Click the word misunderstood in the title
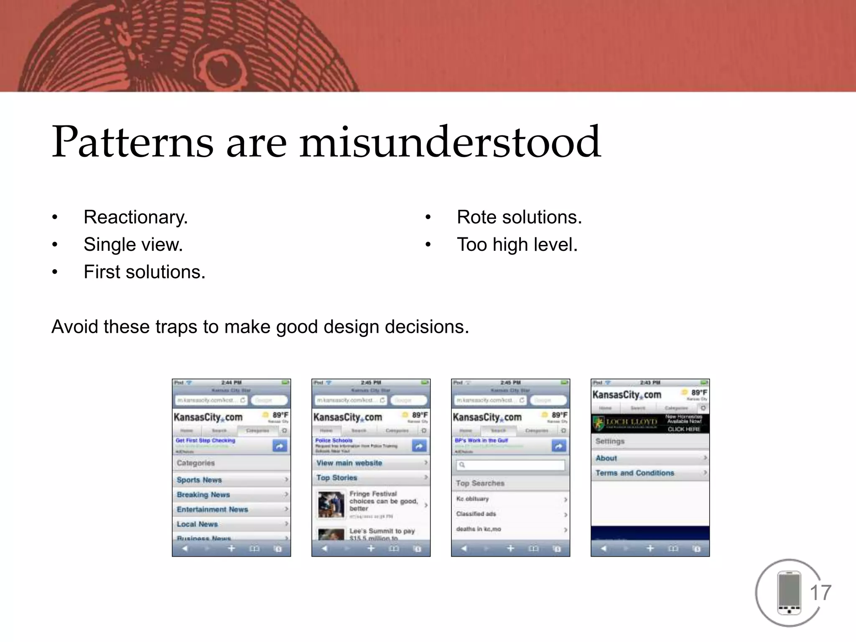(x=450, y=142)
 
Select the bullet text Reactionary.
(x=135, y=217)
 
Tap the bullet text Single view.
(x=133, y=245)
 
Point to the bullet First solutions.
(x=144, y=272)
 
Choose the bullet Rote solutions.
(x=519, y=217)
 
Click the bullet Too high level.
(x=517, y=245)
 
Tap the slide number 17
(x=820, y=593)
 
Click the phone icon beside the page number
(x=789, y=593)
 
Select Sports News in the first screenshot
(x=199, y=480)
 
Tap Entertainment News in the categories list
(x=212, y=510)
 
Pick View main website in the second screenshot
(x=349, y=463)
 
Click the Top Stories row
(x=337, y=478)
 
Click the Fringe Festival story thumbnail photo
(x=331, y=504)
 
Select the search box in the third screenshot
(x=511, y=465)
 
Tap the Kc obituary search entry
(x=473, y=499)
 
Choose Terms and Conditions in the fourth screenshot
(x=634, y=473)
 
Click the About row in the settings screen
(x=606, y=458)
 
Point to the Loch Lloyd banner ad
(x=650, y=423)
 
